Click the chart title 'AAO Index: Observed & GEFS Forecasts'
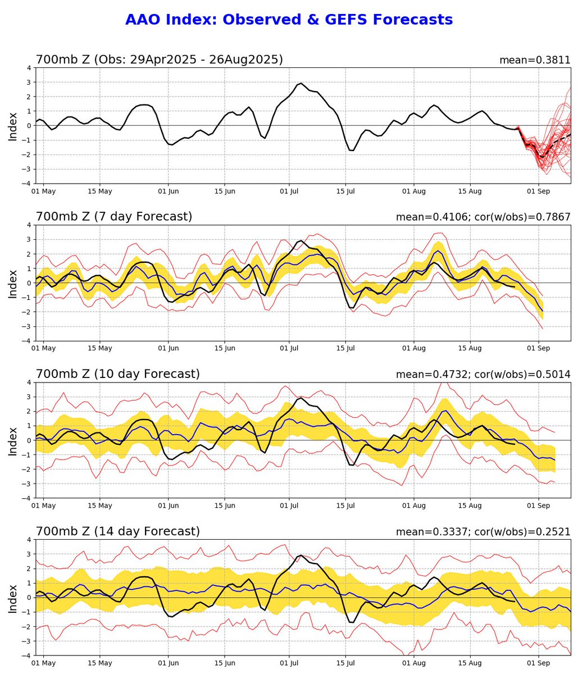tap(289, 20)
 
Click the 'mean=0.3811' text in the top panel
tap(535, 60)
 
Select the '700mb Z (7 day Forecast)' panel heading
tap(114, 217)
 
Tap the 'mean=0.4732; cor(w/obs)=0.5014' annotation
tap(483, 374)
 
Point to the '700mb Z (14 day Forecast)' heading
tap(117, 531)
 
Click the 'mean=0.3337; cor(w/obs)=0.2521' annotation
tap(483, 531)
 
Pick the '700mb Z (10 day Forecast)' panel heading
tap(117, 374)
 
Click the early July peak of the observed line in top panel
tap(301, 83)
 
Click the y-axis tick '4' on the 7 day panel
tap(28, 225)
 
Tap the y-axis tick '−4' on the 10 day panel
tap(26, 498)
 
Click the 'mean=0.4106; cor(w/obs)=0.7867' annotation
tap(483, 217)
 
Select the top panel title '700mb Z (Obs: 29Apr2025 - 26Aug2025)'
tap(159, 60)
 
